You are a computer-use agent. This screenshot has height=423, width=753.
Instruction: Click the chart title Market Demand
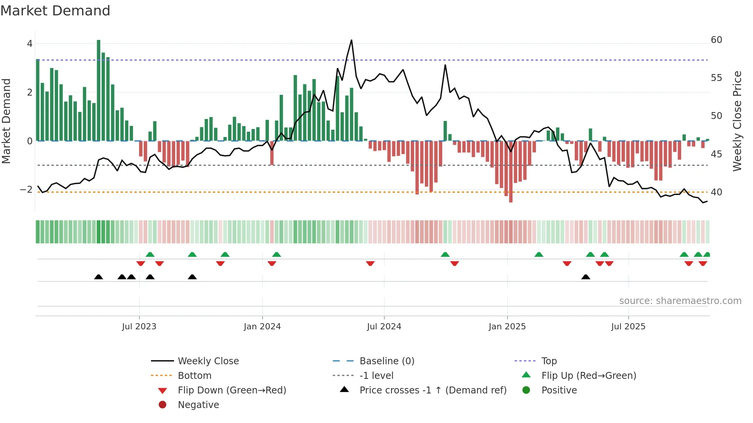(55, 11)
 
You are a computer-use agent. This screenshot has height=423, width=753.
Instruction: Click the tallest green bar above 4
(99, 90)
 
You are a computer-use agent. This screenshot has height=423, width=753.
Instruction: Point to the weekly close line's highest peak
(351, 40)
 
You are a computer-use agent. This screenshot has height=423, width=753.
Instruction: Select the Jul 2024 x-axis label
(384, 327)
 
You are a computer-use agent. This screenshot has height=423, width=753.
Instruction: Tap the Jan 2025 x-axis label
(507, 327)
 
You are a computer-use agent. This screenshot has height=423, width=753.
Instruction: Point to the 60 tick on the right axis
(716, 40)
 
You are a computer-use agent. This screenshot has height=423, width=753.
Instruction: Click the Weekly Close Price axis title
(737, 121)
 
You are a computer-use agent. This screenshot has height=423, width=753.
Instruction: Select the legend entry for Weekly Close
(208, 361)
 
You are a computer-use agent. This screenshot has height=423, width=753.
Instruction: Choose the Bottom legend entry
(194, 376)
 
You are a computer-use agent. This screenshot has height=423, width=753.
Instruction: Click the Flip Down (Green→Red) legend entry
(232, 390)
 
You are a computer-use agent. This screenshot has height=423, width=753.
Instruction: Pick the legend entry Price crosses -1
(433, 390)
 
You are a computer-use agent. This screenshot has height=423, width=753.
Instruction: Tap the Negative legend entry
(198, 405)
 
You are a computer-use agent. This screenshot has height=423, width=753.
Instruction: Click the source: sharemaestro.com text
(680, 301)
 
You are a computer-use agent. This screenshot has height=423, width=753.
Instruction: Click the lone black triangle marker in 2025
(585, 277)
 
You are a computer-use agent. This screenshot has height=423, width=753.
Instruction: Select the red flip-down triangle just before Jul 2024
(370, 263)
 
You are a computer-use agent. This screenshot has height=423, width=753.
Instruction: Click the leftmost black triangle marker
(99, 277)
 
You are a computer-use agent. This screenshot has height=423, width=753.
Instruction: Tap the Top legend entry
(549, 361)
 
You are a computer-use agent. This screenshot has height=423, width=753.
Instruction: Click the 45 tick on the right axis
(716, 154)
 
